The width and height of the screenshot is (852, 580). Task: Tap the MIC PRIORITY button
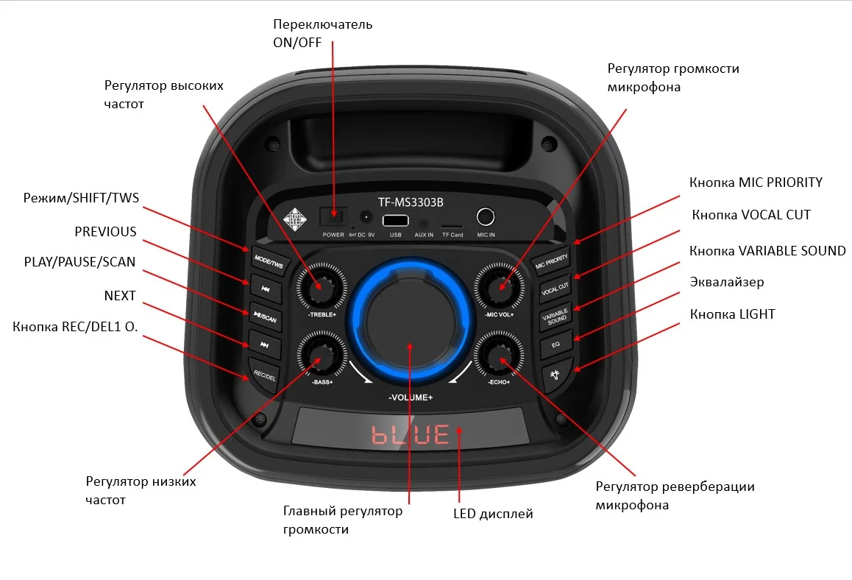[x=552, y=260]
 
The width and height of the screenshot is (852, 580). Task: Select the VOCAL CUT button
[x=555, y=288]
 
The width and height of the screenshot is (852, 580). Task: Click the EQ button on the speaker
[x=556, y=344]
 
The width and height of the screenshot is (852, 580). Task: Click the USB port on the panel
[x=396, y=220]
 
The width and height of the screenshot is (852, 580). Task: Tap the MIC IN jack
[x=485, y=217]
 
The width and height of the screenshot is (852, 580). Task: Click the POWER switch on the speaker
[x=333, y=218]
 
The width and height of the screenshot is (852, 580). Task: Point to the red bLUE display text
[x=411, y=434]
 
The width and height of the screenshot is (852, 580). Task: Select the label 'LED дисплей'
[x=492, y=514]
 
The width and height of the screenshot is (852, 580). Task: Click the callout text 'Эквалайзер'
[x=726, y=282]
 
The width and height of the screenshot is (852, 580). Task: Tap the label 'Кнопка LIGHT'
[x=732, y=314]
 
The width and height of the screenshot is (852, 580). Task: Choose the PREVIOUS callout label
[x=105, y=232]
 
